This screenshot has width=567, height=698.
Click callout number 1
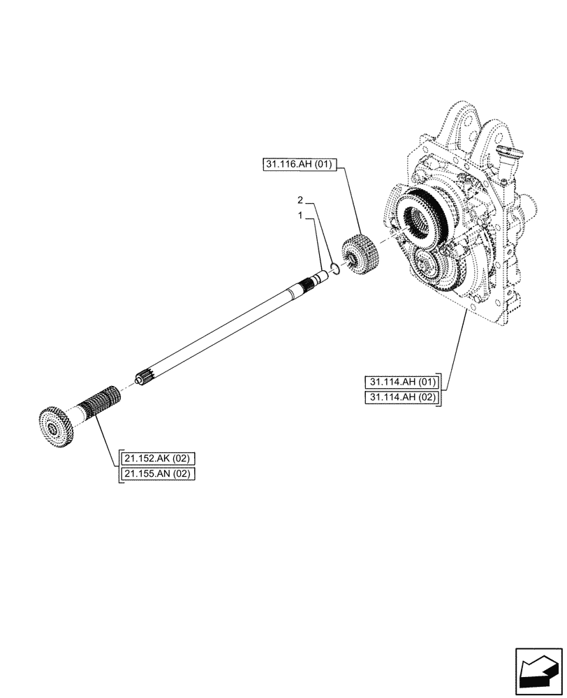300,216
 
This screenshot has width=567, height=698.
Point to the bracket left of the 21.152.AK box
119,466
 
